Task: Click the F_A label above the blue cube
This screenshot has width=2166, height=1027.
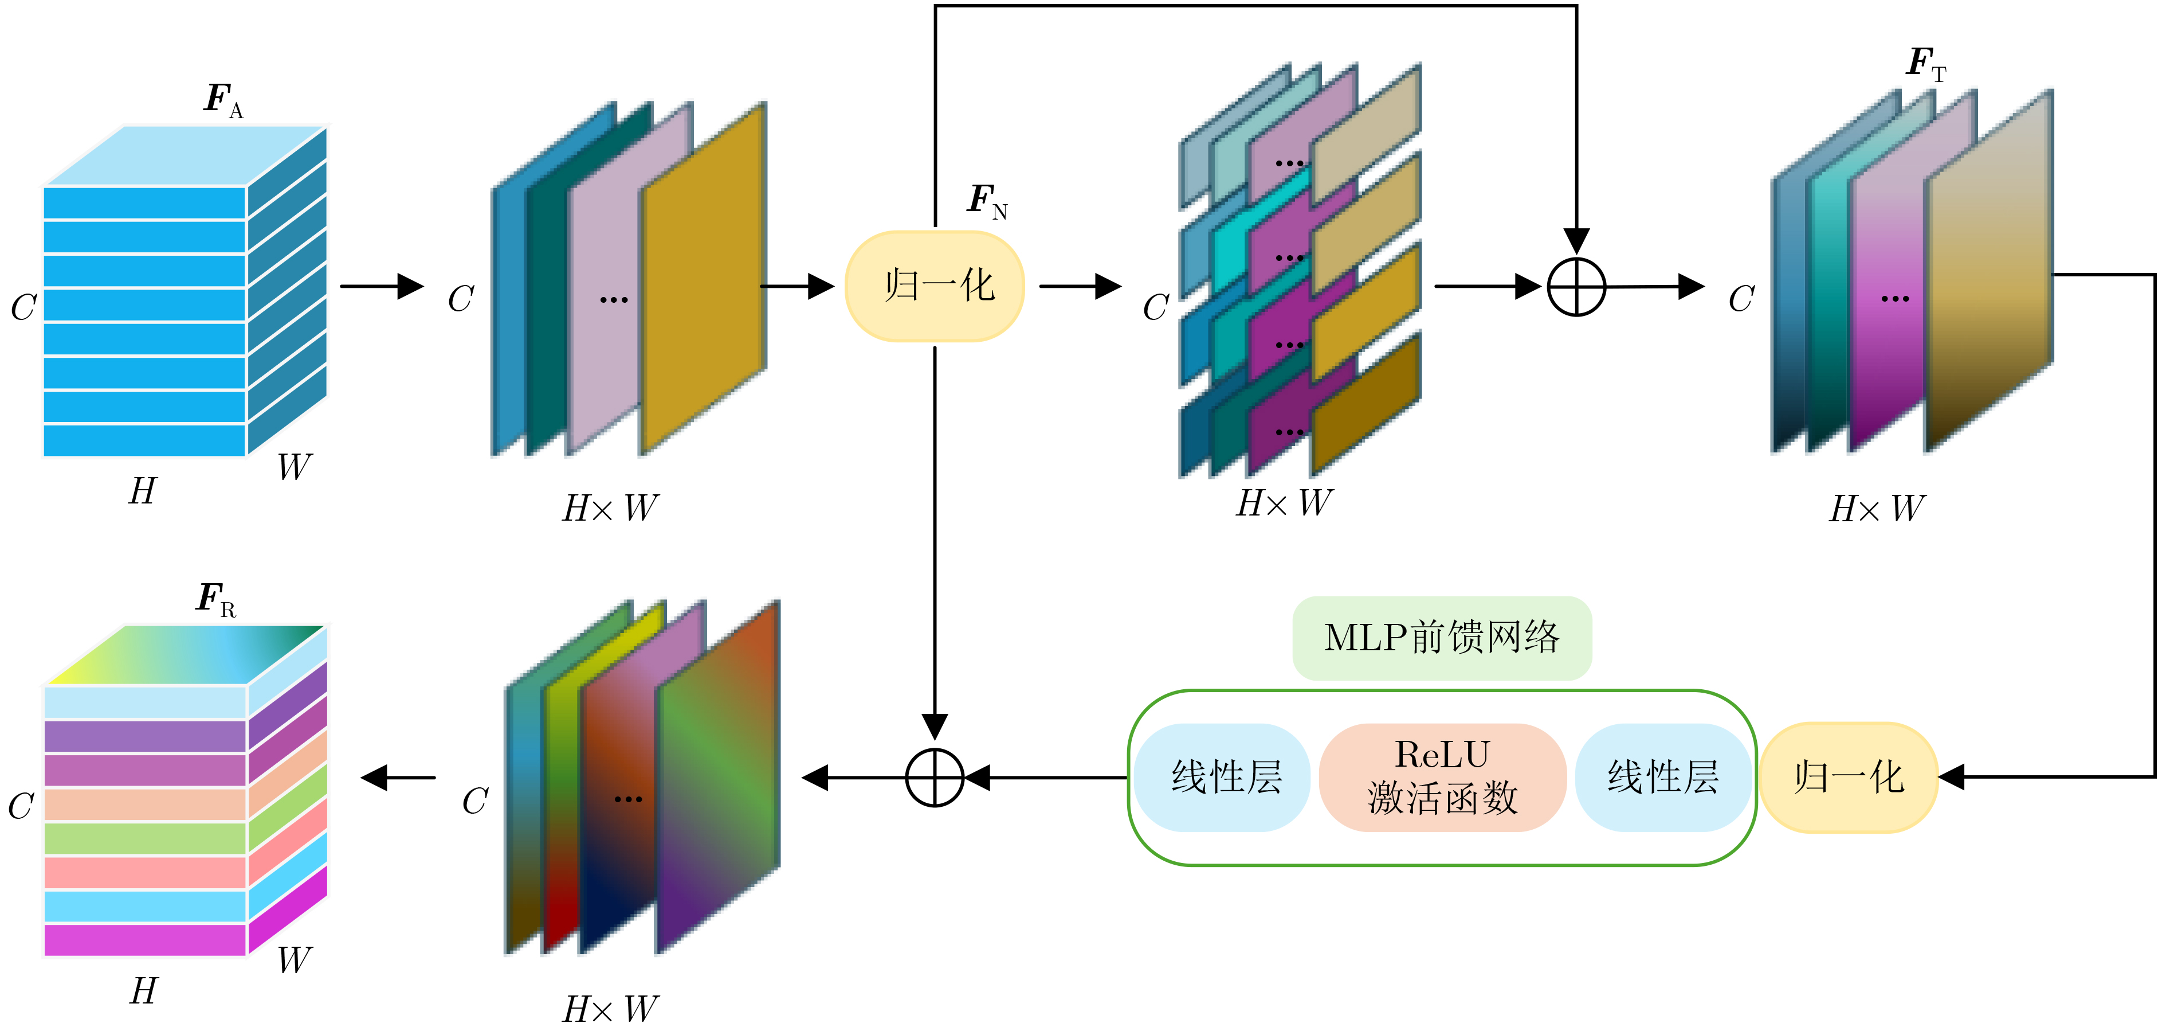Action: point(223,100)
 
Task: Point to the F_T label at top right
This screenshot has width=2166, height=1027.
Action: point(1925,63)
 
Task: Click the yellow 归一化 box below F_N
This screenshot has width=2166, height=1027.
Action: point(934,286)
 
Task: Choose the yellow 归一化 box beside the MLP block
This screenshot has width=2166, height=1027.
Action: point(1848,777)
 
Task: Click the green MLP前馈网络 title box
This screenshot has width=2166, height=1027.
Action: point(1441,638)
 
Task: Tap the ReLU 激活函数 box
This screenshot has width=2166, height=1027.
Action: point(1442,777)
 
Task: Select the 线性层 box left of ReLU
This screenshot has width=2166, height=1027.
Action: point(1223,777)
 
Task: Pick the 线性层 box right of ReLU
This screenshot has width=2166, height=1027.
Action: point(1662,777)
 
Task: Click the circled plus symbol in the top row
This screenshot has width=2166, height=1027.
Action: point(1576,287)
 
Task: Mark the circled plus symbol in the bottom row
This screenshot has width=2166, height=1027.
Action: point(934,777)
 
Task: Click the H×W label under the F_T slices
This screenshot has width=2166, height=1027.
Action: point(1877,509)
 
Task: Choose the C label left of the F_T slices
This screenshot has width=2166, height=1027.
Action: point(1741,299)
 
